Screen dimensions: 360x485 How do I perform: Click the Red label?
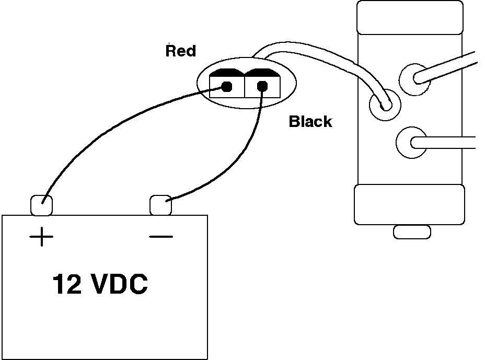(180, 51)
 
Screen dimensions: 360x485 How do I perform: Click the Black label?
(310, 122)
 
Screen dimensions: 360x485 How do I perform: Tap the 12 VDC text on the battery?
(100, 285)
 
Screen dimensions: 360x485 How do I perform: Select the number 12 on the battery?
(66, 285)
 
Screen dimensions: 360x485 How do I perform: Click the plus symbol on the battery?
(41, 238)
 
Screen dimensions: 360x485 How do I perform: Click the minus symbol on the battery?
(160, 237)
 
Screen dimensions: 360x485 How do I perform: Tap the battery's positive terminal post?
(42, 205)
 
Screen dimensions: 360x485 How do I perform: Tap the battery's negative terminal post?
(160, 205)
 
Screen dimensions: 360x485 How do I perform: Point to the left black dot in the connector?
(227, 87)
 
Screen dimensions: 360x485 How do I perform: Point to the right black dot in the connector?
(262, 87)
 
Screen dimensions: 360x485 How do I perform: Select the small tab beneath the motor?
(411, 231)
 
